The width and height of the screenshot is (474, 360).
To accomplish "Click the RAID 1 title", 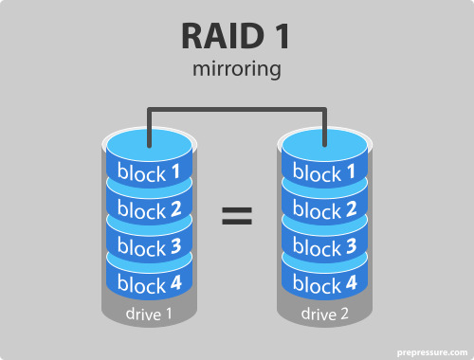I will pyautogui.click(x=236, y=37).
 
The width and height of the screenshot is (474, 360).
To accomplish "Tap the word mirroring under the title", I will pyautogui.click(x=236, y=70).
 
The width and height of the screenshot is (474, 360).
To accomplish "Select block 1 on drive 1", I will pyautogui.click(x=150, y=173).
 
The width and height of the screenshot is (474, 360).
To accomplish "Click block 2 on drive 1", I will pyautogui.click(x=150, y=209).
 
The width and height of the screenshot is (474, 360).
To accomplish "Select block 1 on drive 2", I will pyautogui.click(x=325, y=173).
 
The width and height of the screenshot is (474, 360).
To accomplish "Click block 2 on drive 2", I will pyautogui.click(x=325, y=209).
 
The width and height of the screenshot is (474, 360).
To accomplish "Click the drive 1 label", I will pyautogui.click(x=150, y=314).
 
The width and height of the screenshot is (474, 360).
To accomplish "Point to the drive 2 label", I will pyautogui.click(x=325, y=314).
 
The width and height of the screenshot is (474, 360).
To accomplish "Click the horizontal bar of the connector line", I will pyautogui.click(x=237, y=110).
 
